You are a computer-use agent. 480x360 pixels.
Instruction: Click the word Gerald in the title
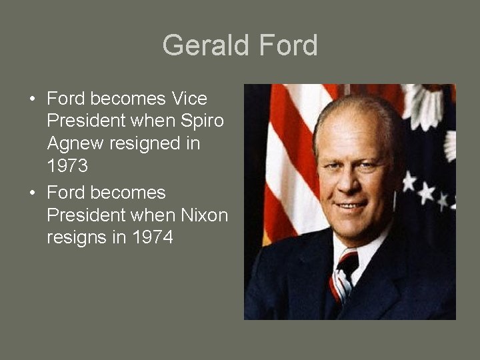202,45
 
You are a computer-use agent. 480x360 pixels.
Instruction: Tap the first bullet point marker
32,100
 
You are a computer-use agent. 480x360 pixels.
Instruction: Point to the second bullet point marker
32,193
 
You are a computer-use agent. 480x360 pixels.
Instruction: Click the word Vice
189,99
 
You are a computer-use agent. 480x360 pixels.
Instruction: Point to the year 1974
153,238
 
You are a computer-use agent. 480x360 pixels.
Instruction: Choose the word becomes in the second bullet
127,193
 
